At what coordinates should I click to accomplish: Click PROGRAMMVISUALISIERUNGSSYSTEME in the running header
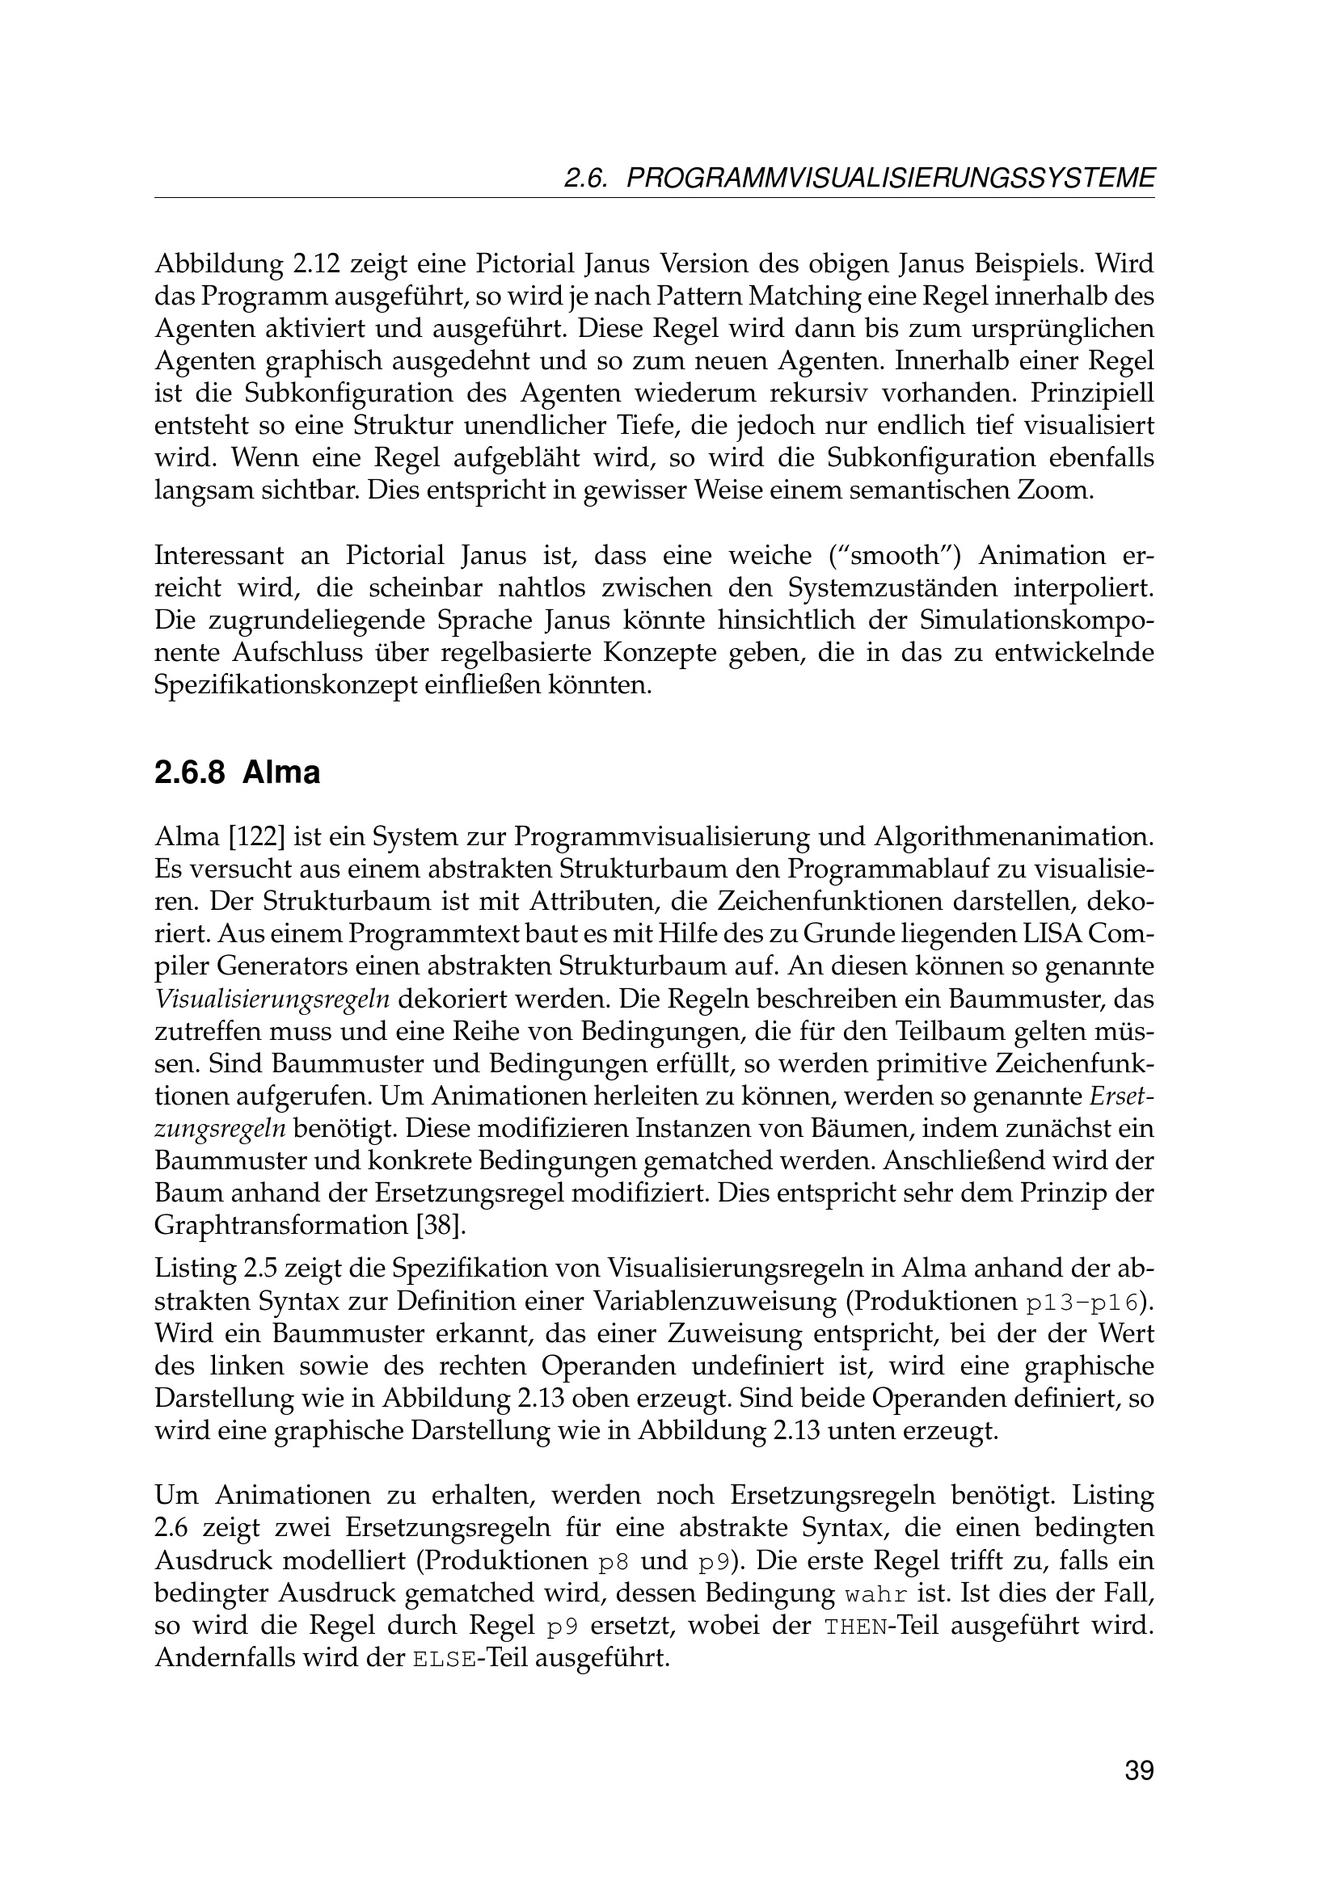891,179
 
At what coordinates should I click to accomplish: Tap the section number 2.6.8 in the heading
189,774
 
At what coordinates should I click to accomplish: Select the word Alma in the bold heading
280,774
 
